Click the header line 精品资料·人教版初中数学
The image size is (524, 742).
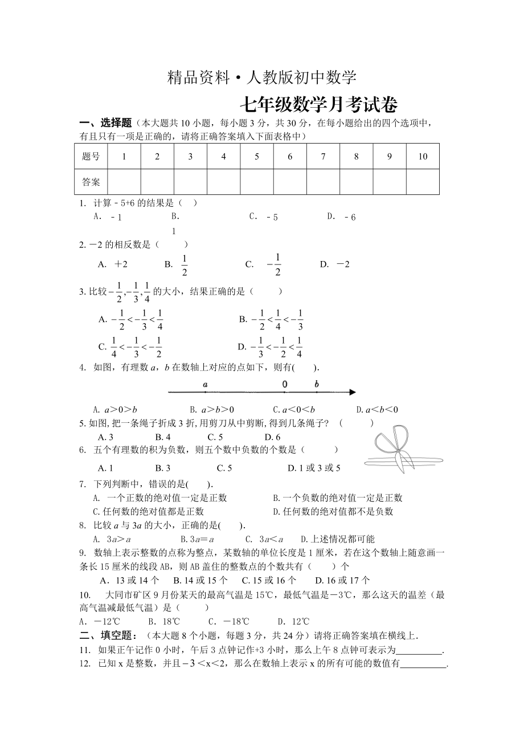point(262,78)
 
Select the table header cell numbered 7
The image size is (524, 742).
point(323,157)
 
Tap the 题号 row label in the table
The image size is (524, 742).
point(91,157)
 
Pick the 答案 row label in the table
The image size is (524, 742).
point(91,182)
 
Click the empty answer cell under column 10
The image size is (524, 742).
point(423,182)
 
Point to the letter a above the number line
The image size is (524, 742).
point(205,385)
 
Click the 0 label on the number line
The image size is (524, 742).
point(284,385)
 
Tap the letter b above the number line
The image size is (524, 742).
point(317,385)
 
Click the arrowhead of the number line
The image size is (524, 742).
point(353,392)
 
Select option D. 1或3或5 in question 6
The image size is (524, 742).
point(314,468)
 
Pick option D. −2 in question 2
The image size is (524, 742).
point(335,264)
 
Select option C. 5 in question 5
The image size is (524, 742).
point(215,437)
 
